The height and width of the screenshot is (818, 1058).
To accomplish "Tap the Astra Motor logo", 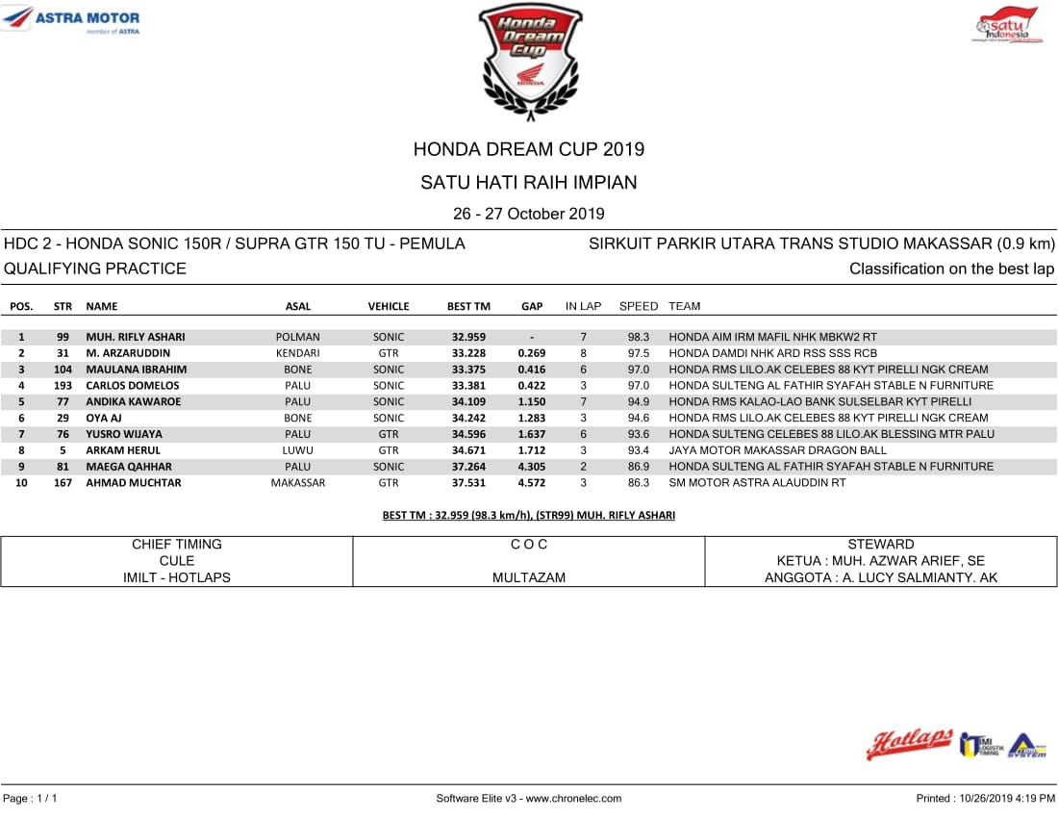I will [72, 19].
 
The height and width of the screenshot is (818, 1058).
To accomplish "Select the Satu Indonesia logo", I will [1006, 25].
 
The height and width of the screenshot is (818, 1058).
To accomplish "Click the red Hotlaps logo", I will [909, 743].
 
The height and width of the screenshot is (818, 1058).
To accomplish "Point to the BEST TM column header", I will [468, 306].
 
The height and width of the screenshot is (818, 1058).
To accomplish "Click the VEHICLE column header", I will [389, 306].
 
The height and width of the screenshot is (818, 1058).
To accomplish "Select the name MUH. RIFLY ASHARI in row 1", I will [136, 337].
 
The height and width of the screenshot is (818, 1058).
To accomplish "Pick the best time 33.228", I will [468, 353].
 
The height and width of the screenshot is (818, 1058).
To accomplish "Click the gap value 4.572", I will [532, 482].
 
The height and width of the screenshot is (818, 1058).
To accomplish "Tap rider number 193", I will [63, 385].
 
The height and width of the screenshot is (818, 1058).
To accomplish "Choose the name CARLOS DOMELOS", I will [133, 385].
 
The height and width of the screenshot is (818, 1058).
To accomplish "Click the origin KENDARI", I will [298, 353].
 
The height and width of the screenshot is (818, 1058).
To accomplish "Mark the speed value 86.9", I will [639, 466].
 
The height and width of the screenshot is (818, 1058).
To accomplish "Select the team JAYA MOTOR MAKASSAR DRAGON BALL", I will [778, 449].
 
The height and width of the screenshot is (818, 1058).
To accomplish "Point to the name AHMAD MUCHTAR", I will [134, 482].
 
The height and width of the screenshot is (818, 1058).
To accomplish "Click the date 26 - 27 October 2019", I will [529, 214].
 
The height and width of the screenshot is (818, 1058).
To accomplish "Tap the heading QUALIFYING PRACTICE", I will [95, 268].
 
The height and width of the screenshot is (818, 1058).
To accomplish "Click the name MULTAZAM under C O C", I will [529, 577].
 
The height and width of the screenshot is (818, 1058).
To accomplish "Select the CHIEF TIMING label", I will [177, 545].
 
